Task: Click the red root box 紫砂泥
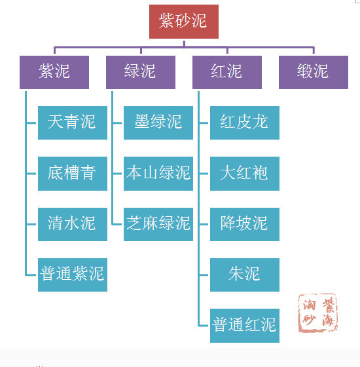183,22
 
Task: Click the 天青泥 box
72,123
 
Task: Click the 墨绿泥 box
158,123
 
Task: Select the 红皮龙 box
245,123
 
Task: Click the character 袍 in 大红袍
261,174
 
